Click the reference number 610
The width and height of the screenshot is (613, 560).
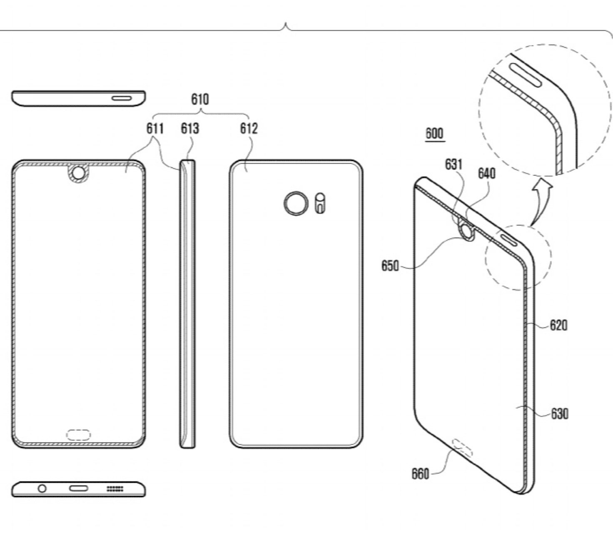point(200,100)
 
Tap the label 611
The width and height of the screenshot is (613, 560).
point(154,129)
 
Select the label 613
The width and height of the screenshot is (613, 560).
point(190,129)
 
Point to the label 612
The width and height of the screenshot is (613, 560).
point(249,129)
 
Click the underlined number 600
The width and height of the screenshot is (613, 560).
point(434,134)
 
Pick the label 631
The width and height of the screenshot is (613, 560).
point(454,165)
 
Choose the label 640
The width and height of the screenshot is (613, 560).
point(486,173)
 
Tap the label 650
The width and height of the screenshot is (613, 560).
point(390,266)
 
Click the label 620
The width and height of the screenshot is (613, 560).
point(558,325)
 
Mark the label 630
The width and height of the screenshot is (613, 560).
point(559,414)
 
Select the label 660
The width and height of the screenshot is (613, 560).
point(420,474)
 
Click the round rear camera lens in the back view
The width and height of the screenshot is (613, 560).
point(296,203)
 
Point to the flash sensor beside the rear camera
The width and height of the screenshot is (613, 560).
point(320,203)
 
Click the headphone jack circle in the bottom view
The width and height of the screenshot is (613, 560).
point(42,488)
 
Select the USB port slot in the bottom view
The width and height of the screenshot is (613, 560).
point(78,488)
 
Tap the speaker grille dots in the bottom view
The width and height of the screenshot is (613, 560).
point(115,488)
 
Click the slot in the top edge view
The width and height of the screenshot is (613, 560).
point(122,98)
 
